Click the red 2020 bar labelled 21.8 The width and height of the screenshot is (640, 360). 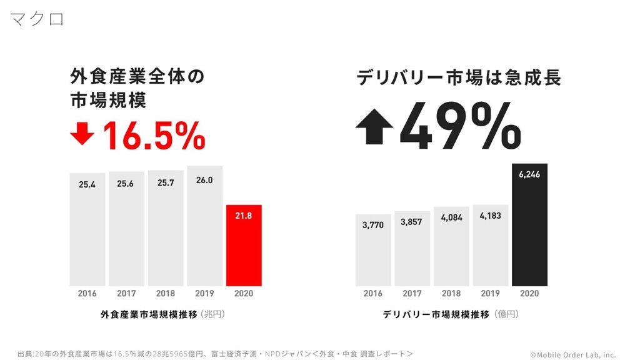pos(244,245)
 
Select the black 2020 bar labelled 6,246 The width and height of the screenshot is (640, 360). pos(529,225)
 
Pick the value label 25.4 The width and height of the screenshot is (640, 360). pos(87,184)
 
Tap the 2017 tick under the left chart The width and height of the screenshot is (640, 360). pos(126,293)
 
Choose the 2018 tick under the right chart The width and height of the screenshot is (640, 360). pos(451,293)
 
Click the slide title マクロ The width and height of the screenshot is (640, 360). pos(37,19)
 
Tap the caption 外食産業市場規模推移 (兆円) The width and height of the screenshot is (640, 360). pos(162,314)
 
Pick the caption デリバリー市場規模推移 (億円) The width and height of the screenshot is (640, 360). pos(450,314)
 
